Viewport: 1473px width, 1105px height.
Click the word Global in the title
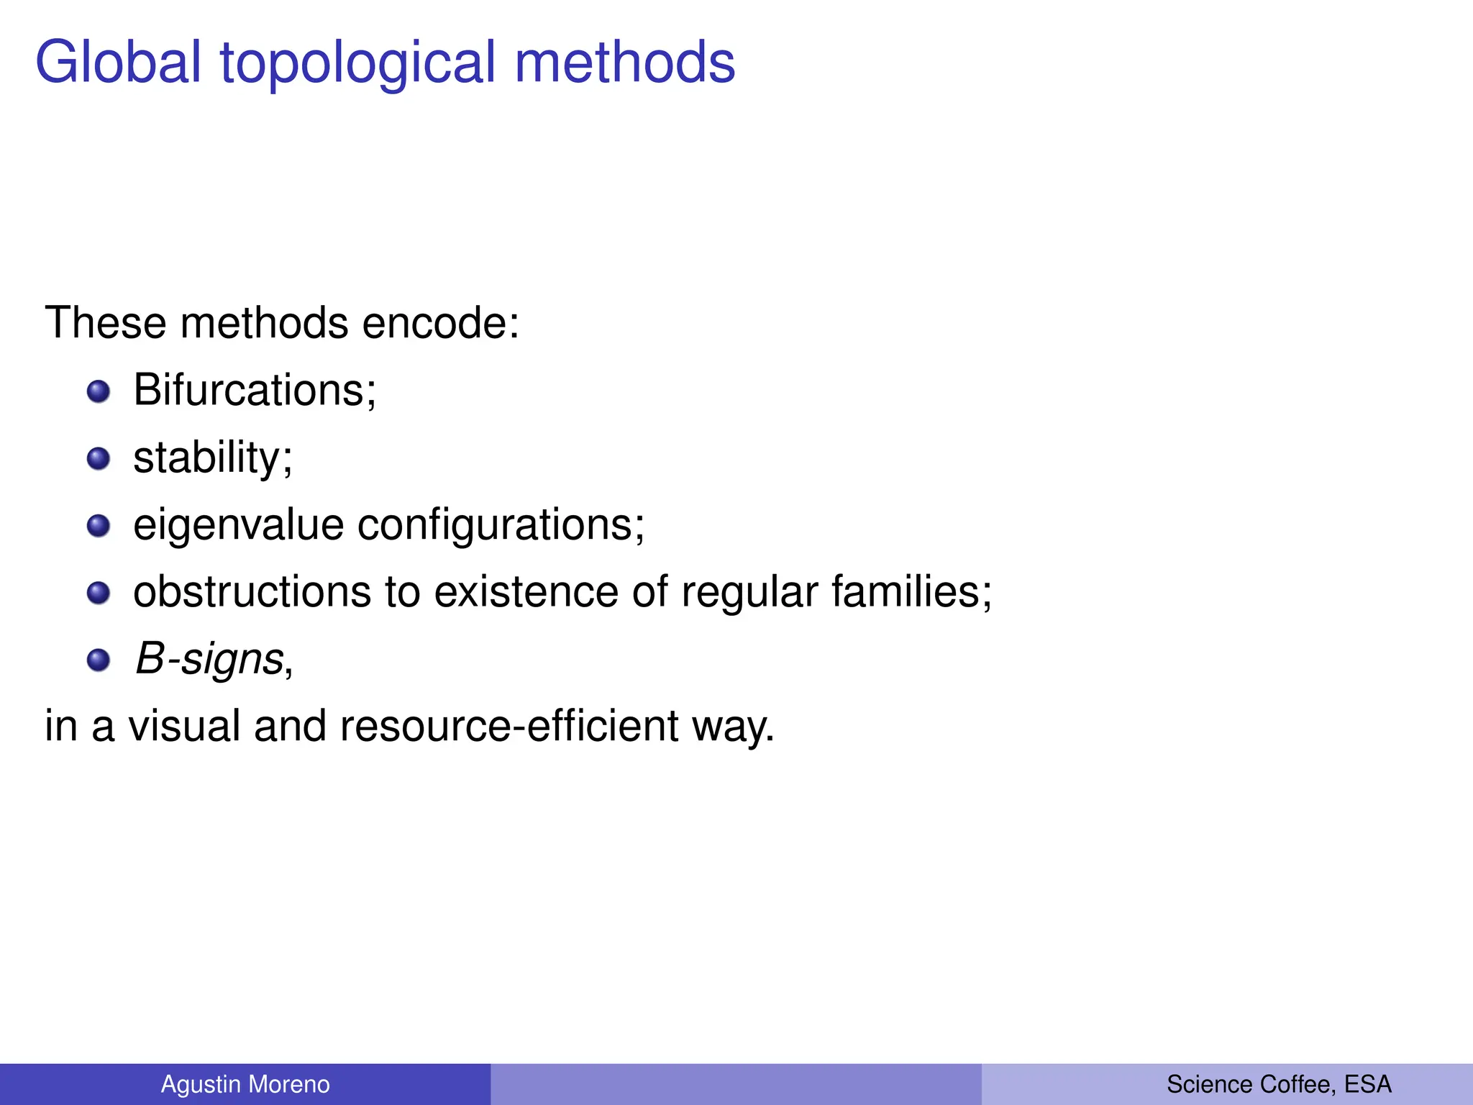coord(118,63)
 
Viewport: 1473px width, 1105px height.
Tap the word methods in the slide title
coord(625,63)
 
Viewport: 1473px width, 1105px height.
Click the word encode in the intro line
coord(439,323)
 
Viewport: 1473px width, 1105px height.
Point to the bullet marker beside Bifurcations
coord(99,392)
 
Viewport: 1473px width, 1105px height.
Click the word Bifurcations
coord(254,391)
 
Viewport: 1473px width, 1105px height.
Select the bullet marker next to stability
coord(99,459)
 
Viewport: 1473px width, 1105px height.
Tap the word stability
coord(212,458)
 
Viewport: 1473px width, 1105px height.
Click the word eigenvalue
coord(238,525)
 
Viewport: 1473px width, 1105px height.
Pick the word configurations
coord(501,525)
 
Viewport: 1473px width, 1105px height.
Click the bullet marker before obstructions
coord(99,593)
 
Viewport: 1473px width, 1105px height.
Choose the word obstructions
coord(252,592)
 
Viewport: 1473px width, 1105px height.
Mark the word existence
coord(526,592)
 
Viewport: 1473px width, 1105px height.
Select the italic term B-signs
coord(209,660)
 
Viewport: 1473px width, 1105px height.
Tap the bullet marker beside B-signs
coord(99,660)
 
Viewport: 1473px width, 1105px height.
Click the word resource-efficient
coord(509,726)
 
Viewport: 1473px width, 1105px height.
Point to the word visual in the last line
coord(184,726)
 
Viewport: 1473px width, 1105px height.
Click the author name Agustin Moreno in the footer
coord(245,1084)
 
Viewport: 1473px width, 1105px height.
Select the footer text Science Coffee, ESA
coord(1279,1084)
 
